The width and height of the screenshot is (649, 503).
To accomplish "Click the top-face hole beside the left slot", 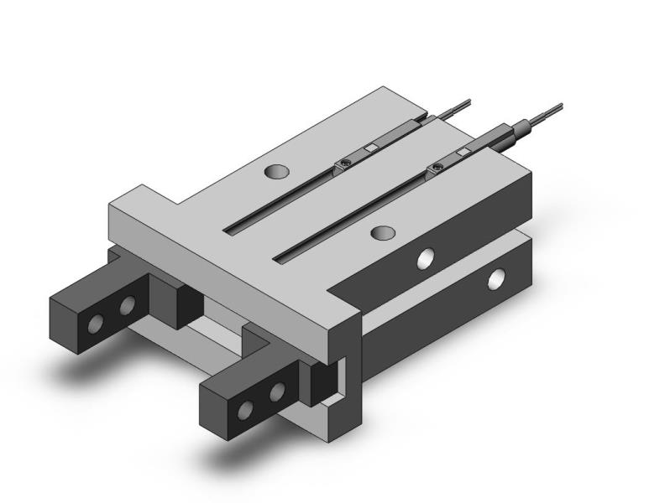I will (276, 172).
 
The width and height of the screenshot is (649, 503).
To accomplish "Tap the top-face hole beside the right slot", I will (383, 231).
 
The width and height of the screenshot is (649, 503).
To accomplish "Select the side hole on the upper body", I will (427, 259).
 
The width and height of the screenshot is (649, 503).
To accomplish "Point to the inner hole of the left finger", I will (128, 306).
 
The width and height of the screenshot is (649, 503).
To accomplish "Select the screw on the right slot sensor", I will (437, 170).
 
